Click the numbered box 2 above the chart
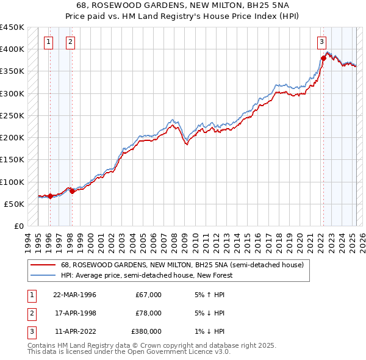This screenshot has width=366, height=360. point(71,42)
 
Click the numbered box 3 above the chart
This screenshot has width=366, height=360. point(321,42)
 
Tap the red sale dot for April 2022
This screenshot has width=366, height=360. point(323,59)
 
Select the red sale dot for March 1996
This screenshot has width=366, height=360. point(50,196)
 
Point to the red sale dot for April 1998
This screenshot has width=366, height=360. point(72,192)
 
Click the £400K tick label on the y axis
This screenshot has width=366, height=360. point(12,49)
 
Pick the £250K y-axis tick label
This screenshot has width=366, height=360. point(12,115)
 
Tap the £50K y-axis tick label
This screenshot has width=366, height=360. point(15,204)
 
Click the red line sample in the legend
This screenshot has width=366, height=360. point(43,265)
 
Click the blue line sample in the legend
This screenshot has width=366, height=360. point(43,275)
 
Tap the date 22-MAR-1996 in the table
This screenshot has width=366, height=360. point(74,295)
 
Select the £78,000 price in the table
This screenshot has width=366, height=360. point(148,313)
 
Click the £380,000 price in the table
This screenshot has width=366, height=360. point(146,331)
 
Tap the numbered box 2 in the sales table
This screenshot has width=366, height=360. point(31,313)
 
